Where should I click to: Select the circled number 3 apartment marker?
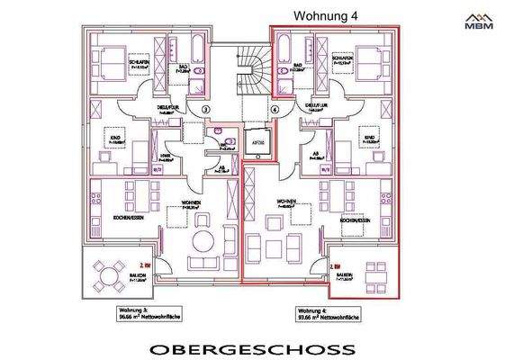(x=205, y=109)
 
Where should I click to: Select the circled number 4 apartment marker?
(x=275, y=109)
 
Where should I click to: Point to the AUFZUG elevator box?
(x=256, y=141)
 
